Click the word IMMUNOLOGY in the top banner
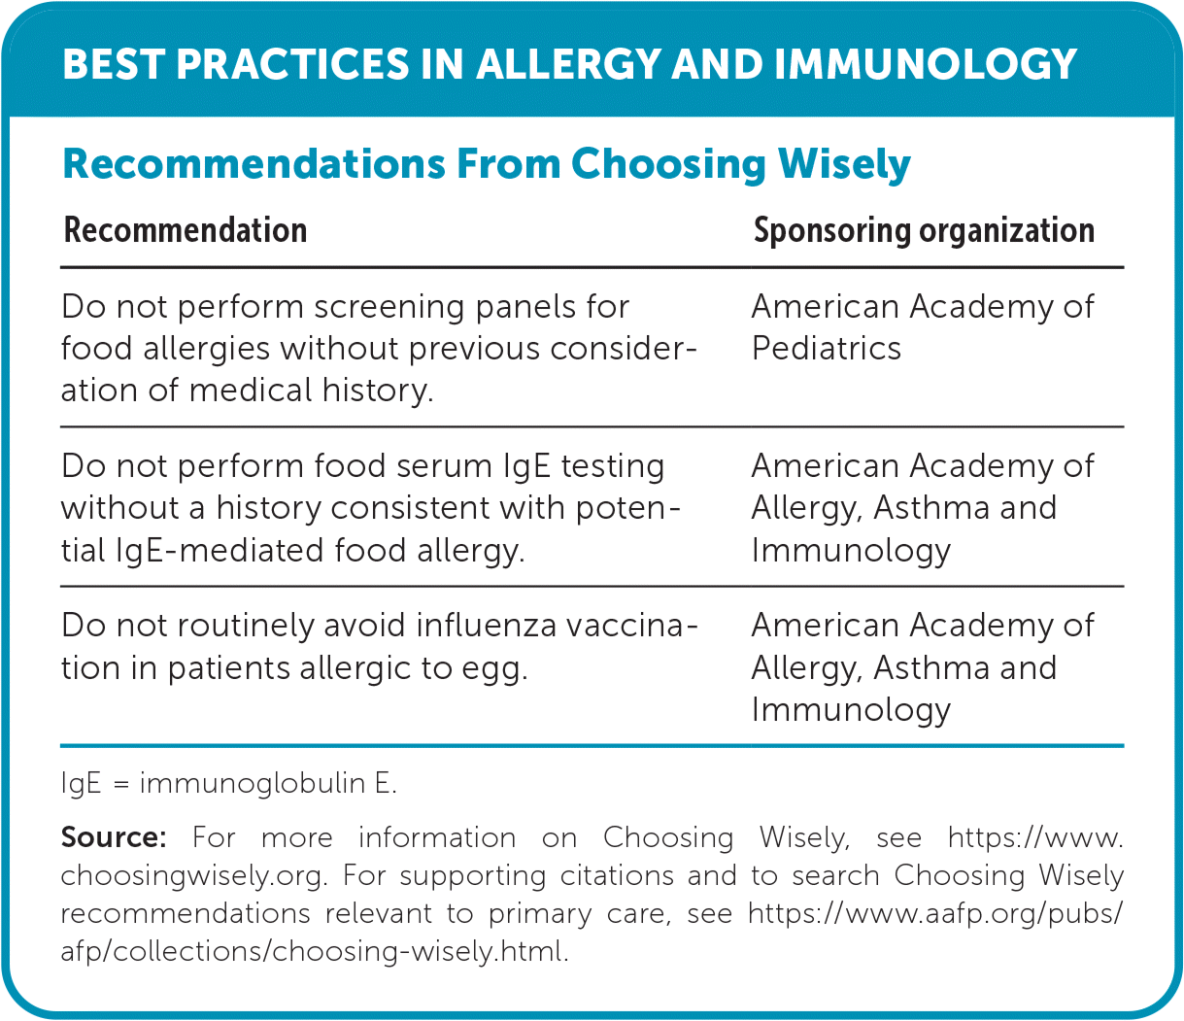[926, 63]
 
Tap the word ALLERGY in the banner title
[569, 63]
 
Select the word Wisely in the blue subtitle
[844, 165]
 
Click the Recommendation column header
[185, 230]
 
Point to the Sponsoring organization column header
[924, 231]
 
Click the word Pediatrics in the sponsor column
[826, 349]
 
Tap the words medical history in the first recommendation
[311, 391]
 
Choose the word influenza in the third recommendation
[487, 625]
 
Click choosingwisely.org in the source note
[194, 877]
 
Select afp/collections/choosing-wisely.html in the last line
[315, 952]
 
